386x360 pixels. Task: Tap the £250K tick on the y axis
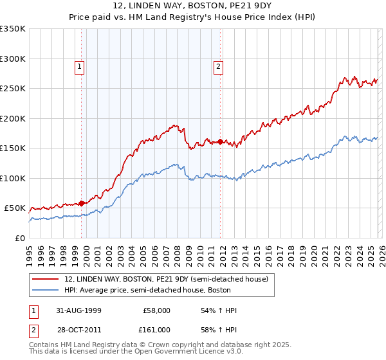pyautogui.click(x=13, y=89)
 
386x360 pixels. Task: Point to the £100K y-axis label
pyautogui.click(x=13, y=178)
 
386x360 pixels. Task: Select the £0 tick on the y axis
pyautogui.click(x=19, y=238)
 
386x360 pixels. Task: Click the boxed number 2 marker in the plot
pyautogui.click(x=218, y=65)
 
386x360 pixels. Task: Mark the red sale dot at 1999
pyautogui.click(x=82, y=203)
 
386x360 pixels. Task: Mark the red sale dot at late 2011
pyautogui.click(x=220, y=141)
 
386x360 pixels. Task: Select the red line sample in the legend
pyautogui.click(x=46, y=278)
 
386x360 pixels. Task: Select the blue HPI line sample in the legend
pyautogui.click(x=46, y=289)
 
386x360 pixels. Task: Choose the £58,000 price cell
pyautogui.click(x=156, y=310)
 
